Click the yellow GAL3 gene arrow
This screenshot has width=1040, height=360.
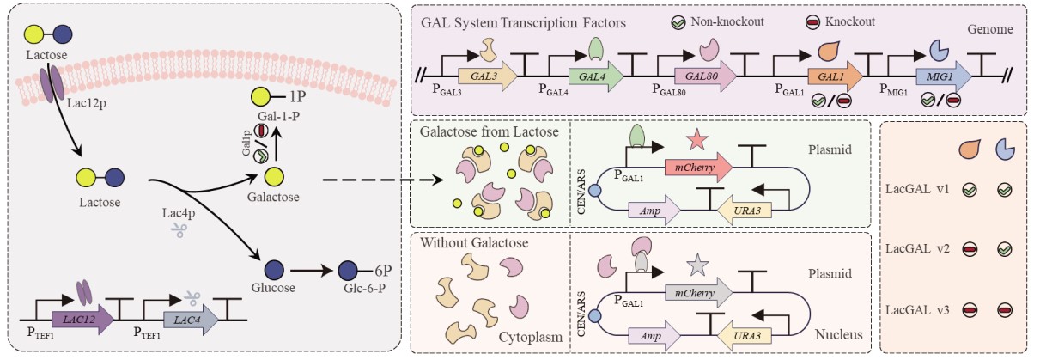(x=486, y=76)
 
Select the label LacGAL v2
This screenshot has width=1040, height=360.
(x=913, y=248)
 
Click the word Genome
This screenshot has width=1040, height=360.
(x=991, y=28)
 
